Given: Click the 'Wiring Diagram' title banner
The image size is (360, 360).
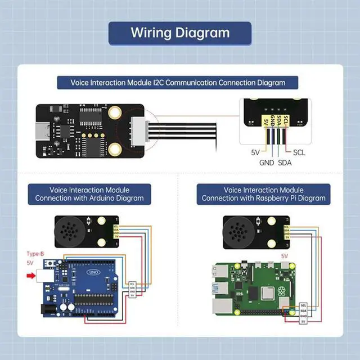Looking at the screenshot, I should [180, 33].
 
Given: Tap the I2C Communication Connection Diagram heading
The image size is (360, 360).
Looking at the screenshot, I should [178, 83].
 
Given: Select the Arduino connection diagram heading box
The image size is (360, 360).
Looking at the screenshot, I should [89, 194].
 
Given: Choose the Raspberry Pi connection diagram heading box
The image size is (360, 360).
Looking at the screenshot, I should [263, 194].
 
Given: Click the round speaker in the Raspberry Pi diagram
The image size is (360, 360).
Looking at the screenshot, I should [242, 232].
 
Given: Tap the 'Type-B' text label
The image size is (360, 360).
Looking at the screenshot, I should [35, 254].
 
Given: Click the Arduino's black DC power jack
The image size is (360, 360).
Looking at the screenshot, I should [48, 307].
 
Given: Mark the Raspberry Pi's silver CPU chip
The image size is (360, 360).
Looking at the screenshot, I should [267, 294].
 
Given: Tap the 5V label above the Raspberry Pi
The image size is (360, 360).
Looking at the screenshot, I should [285, 256].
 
